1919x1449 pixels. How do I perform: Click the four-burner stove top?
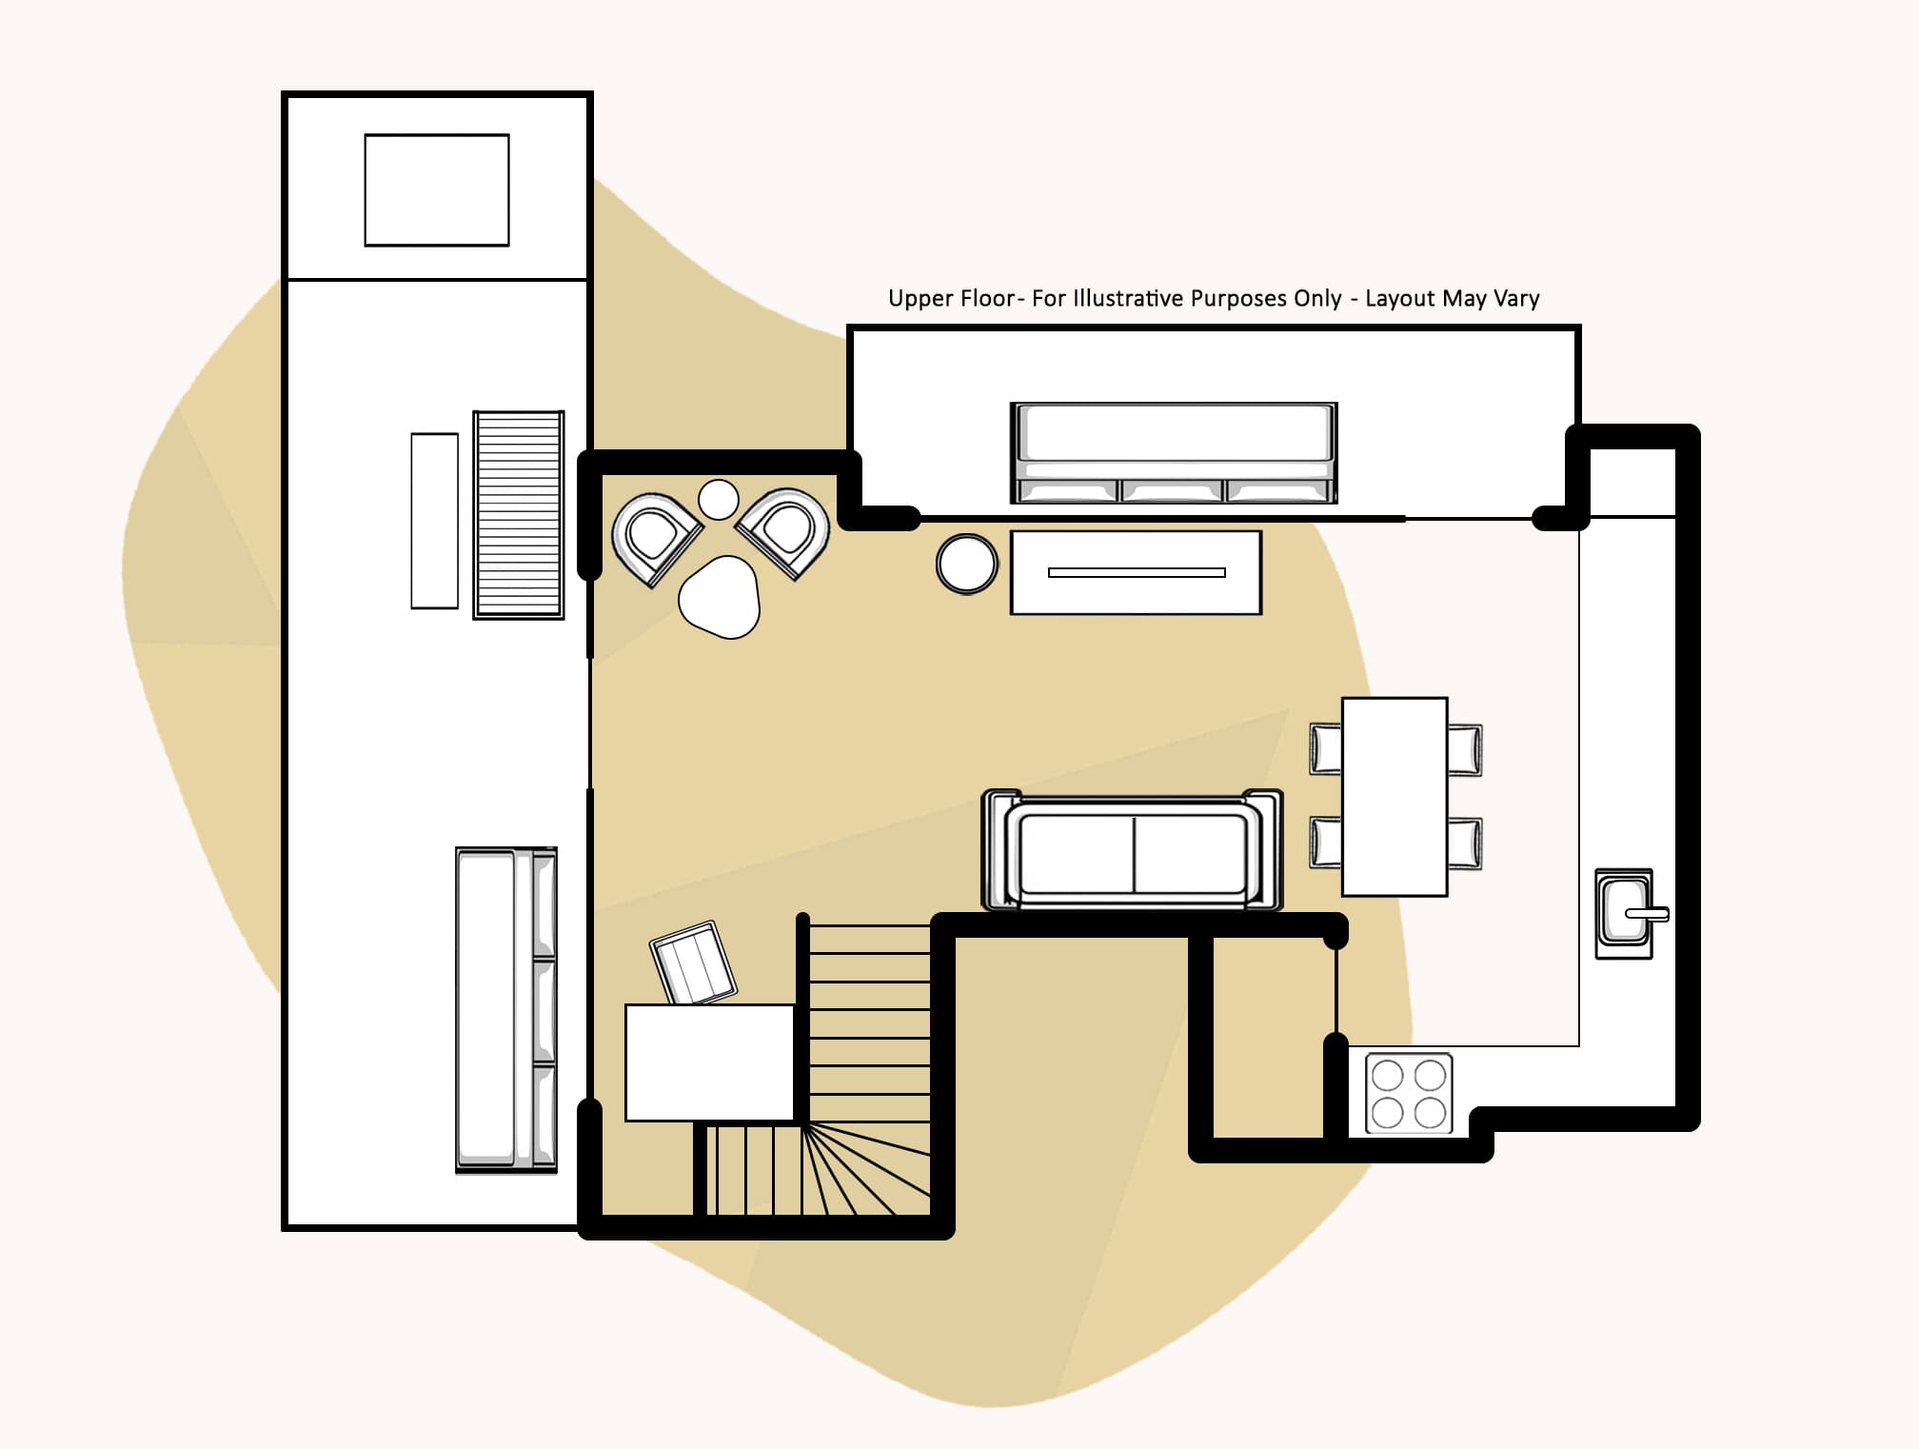(1409, 1093)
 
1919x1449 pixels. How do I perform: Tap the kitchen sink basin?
(1623, 912)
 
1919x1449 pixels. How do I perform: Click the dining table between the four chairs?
(1395, 796)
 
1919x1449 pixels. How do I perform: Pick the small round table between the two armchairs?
(719, 499)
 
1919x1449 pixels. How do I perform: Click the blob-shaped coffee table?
(721, 597)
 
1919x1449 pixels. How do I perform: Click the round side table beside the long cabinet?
(967, 564)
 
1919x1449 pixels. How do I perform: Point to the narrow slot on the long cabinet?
(1137, 572)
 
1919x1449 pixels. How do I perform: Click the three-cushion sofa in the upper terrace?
(1174, 452)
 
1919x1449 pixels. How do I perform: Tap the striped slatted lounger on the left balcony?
(519, 515)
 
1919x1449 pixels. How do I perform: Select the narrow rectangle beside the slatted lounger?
(434, 520)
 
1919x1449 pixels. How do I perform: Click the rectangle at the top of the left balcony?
(437, 190)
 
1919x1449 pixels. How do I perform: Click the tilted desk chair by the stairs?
(693, 962)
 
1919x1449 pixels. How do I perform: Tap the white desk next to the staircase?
(709, 1062)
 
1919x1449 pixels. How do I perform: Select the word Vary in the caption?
(1516, 298)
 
